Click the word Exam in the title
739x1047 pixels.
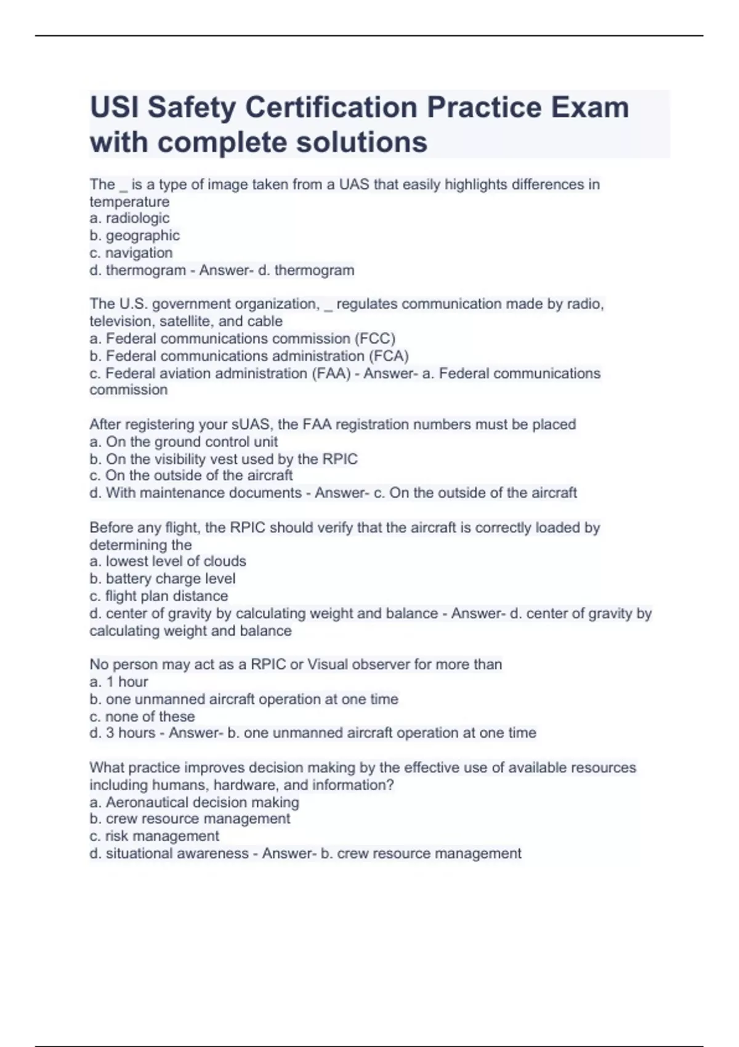tap(590, 107)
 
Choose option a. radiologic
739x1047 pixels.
tap(129, 218)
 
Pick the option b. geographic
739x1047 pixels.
tap(134, 235)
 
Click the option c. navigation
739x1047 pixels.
tap(131, 253)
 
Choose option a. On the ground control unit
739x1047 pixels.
tap(184, 442)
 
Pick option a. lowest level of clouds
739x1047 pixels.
tap(168, 561)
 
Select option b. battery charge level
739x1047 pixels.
tap(162, 578)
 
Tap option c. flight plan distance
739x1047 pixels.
tap(158, 596)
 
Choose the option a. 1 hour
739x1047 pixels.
tap(119, 682)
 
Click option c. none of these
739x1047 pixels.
tap(142, 716)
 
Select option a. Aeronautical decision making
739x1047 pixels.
tap(194, 802)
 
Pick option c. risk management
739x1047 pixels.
tap(154, 836)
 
